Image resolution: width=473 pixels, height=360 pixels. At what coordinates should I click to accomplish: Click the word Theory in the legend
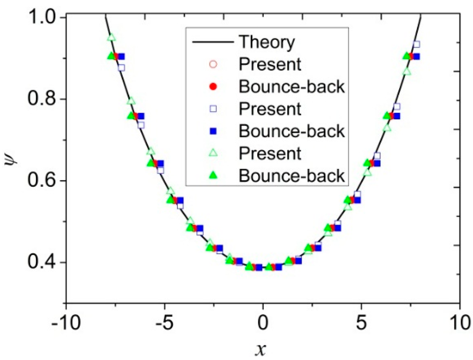[266, 43]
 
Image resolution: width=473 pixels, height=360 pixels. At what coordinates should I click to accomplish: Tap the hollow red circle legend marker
[213, 64]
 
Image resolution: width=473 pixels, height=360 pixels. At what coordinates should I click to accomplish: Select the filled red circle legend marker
[213, 86]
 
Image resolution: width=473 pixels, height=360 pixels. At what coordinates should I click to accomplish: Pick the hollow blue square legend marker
[213, 109]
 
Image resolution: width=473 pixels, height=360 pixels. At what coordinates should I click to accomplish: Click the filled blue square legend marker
[213, 131]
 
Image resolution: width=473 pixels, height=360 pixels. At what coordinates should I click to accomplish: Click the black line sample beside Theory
[213, 43]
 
